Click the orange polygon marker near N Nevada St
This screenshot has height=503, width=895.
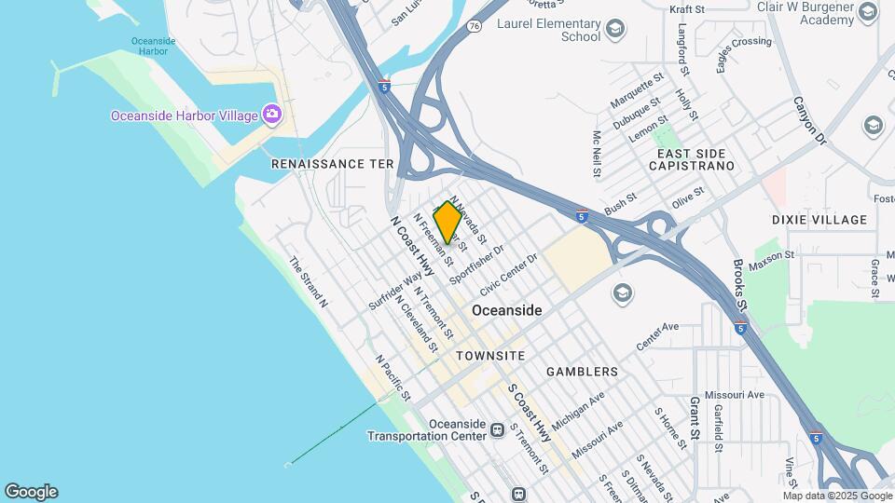(447, 222)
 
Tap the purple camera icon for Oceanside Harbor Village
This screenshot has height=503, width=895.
(271, 115)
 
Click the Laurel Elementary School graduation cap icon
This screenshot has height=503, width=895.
(614, 30)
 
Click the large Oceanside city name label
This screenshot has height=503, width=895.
(506, 310)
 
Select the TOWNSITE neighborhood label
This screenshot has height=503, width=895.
(490, 356)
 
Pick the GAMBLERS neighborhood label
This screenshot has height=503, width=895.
(582, 372)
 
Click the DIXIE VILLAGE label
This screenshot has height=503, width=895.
(819, 220)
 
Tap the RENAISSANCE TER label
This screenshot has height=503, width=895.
(333, 164)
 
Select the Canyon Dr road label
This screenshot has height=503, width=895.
(810, 120)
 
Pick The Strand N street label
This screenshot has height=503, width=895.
(308, 282)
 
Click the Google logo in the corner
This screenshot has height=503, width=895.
(31, 491)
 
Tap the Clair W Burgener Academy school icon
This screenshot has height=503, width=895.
(868, 11)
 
